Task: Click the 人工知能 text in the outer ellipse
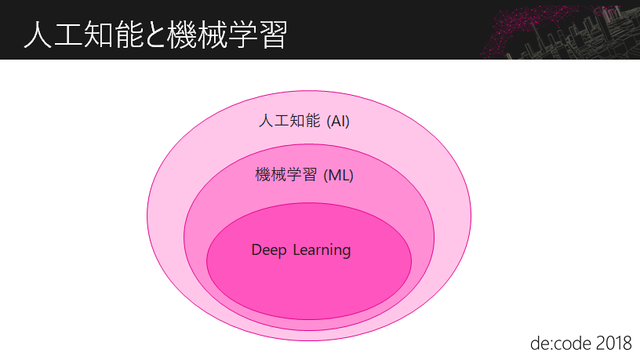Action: pos(289,122)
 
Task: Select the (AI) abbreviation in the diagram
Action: pos(337,122)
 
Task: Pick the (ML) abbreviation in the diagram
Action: pos(339,175)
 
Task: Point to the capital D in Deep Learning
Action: pos(256,250)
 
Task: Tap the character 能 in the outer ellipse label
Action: pos(313,122)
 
